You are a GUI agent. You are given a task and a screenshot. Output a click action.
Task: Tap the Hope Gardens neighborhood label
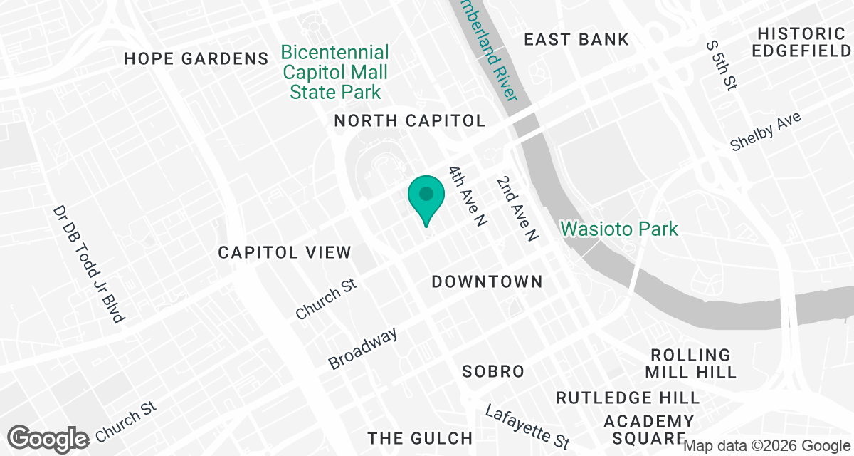point(196,58)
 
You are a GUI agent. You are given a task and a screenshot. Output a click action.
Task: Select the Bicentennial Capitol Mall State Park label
point(335,72)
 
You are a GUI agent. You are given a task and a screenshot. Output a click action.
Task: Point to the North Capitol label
point(410,120)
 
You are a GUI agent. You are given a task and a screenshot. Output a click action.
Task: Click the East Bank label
point(576,39)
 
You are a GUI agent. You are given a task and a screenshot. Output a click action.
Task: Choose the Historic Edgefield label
point(801,42)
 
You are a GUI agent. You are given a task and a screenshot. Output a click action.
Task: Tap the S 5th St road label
point(720,65)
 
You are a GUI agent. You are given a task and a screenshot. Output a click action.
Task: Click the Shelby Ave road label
point(766,131)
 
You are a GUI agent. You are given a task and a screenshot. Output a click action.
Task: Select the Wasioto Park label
point(619,229)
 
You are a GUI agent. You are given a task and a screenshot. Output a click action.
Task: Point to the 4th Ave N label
point(467,197)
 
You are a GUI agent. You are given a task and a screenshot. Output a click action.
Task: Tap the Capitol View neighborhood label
point(285,252)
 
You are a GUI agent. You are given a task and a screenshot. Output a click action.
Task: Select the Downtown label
point(487,282)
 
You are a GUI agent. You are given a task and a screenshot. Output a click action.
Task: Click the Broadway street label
point(363,348)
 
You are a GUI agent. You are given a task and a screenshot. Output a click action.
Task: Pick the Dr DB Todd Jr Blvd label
point(89,264)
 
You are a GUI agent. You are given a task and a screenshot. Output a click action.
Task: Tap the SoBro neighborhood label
point(493,371)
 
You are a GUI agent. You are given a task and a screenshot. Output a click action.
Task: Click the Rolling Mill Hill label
point(691,363)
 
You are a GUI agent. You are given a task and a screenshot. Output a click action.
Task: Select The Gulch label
point(420,437)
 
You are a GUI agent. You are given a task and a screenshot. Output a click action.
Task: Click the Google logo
point(48,437)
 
